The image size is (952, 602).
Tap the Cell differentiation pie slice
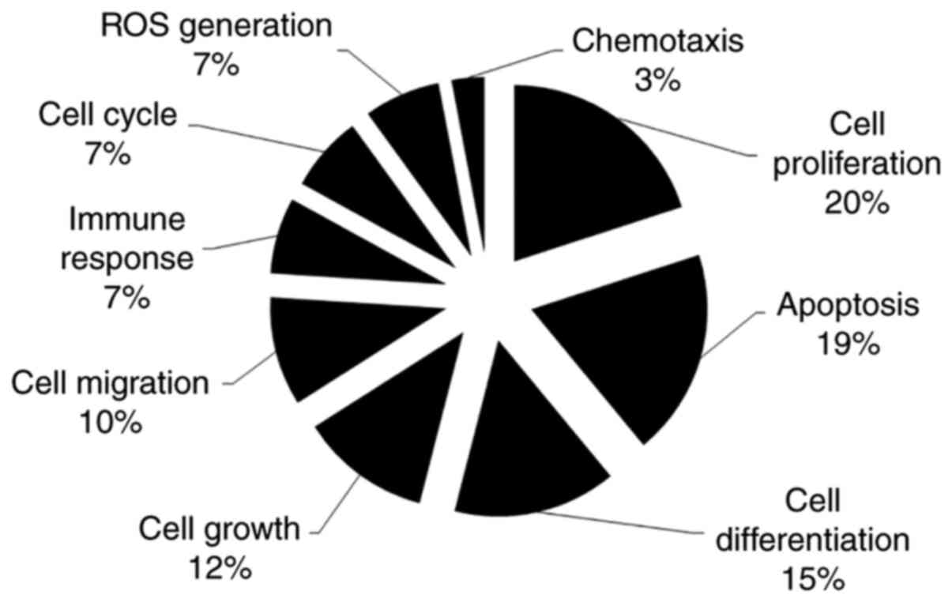[529, 442]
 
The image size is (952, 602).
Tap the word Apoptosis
[848, 304]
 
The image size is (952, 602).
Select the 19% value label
[847, 344]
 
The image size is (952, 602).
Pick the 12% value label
[220, 566]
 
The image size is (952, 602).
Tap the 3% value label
[657, 80]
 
